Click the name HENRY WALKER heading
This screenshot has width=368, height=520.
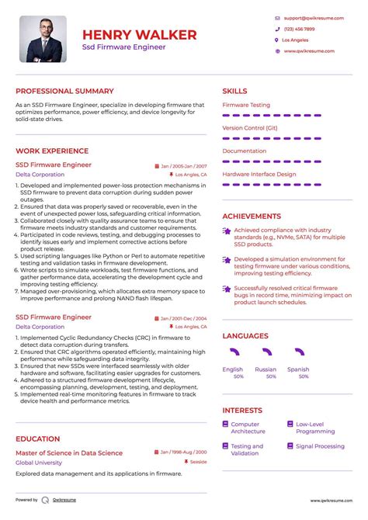(x=140, y=34)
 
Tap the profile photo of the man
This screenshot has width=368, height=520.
(x=43, y=39)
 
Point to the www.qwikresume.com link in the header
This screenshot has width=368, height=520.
(x=308, y=50)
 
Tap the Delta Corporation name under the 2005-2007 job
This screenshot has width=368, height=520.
(x=40, y=175)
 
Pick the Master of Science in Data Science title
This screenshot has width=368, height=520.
(x=69, y=452)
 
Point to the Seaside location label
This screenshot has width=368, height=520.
(x=197, y=463)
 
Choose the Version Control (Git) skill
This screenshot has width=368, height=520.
(x=249, y=127)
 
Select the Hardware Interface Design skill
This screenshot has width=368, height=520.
(x=259, y=174)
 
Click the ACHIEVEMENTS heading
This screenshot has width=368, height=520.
(x=252, y=217)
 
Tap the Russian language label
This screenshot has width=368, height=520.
(x=266, y=369)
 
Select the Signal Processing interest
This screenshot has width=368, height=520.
(x=320, y=446)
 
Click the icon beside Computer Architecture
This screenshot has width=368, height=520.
(x=225, y=425)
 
